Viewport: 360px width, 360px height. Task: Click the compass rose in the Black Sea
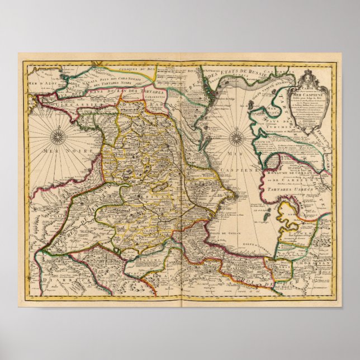click(x=58, y=136)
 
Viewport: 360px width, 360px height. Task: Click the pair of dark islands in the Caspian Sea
click(x=268, y=213)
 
